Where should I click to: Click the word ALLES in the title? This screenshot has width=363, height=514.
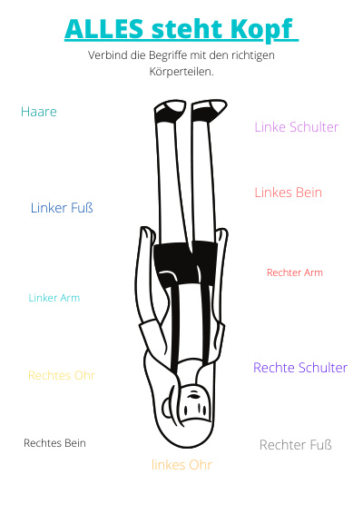tap(103, 29)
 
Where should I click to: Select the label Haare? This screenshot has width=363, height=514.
tap(39, 112)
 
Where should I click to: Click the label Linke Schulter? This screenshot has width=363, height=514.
tap(297, 127)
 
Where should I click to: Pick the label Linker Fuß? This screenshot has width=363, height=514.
tap(62, 208)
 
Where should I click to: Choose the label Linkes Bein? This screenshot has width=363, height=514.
tap(289, 193)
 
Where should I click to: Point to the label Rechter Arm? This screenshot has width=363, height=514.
tap(295, 272)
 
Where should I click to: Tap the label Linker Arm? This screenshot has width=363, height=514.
tap(54, 298)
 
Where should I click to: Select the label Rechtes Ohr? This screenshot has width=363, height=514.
tap(62, 375)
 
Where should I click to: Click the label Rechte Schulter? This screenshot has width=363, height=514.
tap(300, 368)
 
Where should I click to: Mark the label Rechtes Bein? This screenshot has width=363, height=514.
tap(54, 443)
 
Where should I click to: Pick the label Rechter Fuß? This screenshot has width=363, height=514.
tap(296, 445)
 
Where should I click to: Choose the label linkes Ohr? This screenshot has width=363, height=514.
tap(181, 465)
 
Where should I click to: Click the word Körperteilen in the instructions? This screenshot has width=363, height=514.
tap(181, 72)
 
